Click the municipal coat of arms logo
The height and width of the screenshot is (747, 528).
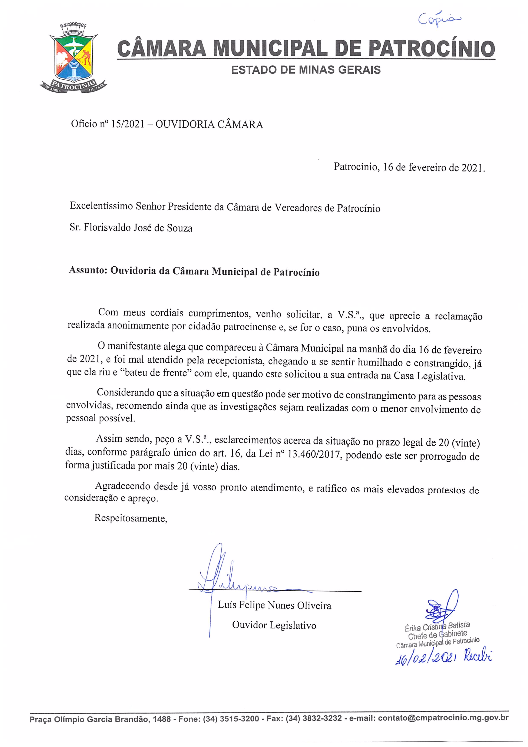pos(73,59)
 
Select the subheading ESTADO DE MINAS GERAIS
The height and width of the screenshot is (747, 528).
pos(306,70)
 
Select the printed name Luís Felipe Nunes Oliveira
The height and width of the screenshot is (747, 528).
pos(274,605)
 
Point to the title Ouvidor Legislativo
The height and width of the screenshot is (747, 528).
pos(274,625)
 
